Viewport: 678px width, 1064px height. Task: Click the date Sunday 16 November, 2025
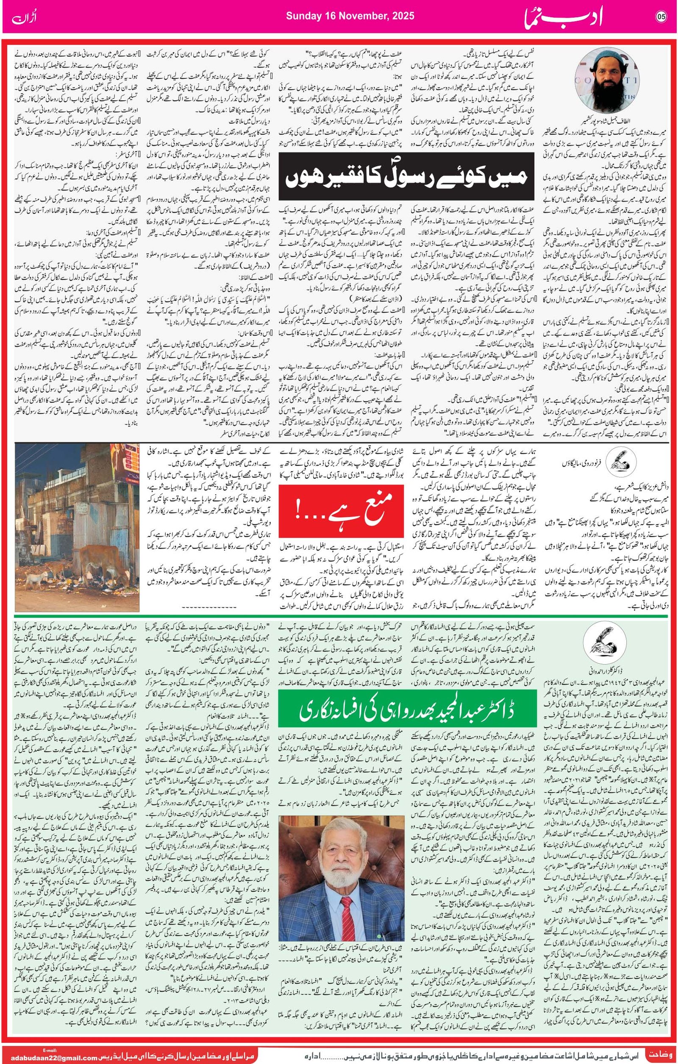350,16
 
